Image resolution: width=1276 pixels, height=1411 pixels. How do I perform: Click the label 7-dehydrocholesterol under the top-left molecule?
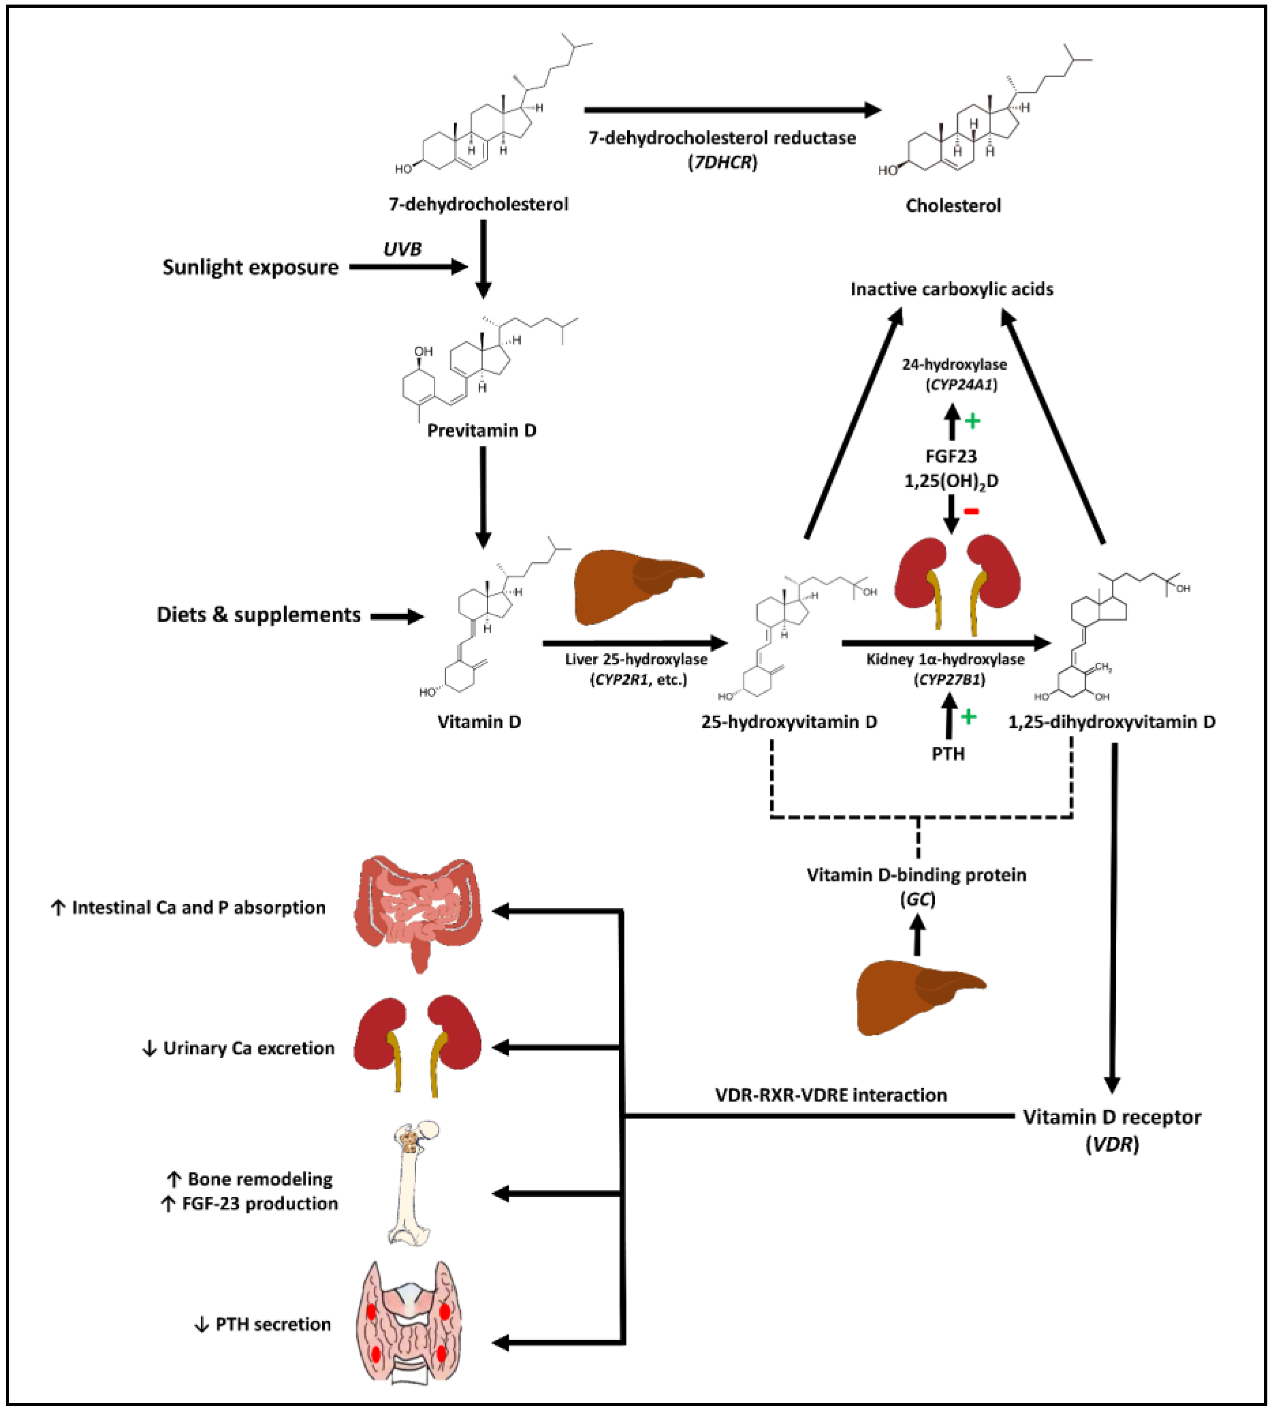[x=478, y=204]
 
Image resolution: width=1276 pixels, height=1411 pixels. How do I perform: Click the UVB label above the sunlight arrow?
[x=402, y=249]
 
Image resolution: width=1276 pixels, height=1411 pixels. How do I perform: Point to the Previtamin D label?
[x=481, y=431]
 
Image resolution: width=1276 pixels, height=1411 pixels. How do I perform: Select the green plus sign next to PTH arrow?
[x=968, y=716]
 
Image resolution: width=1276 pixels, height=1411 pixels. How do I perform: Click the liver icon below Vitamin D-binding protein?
[x=918, y=997]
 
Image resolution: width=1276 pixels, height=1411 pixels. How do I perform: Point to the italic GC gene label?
[x=917, y=899]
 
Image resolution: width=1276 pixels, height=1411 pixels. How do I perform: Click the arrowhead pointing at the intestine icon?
[x=501, y=911]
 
